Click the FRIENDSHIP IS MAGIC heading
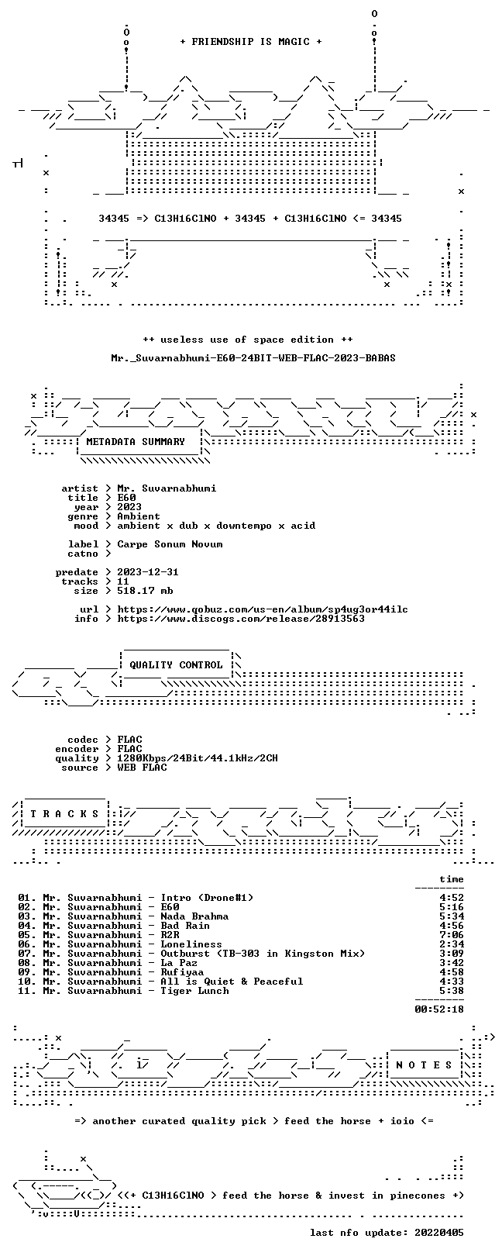[x=251, y=42]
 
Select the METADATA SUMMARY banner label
[x=136, y=442]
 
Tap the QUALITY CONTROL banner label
[x=176, y=665]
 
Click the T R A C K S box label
[x=64, y=814]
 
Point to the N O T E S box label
[x=424, y=1064]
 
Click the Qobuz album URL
[x=263, y=609]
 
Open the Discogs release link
[x=241, y=619]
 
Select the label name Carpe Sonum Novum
[x=170, y=544]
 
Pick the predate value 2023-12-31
[x=148, y=572]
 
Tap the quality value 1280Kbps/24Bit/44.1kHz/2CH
[x=198, y=759]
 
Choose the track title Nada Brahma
[x=194, y=916]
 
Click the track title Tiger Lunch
[x=194, y=992]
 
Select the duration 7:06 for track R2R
[x=452, y=935]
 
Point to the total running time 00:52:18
[x=439, y=1010]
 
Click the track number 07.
[x=25, y=954]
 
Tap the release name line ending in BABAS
[x=253, y=358]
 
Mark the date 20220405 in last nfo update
[x=439, y=1233]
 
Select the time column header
[x=452, y=880]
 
